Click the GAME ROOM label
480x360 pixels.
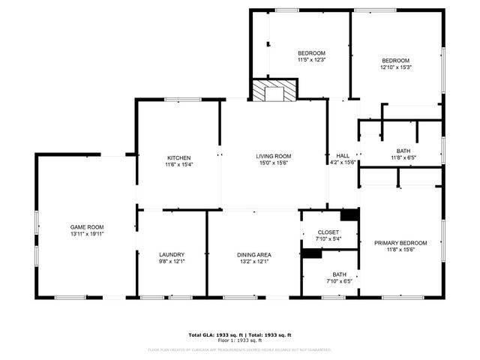click(87, 226)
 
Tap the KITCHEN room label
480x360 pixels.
click(178, 157)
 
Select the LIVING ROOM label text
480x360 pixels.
click(274, 156)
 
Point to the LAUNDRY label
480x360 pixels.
click(172, 254)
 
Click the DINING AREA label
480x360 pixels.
click(254, 254)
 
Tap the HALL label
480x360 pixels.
click(343, 156)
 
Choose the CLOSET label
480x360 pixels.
click(328, 232)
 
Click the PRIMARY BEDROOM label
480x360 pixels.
click(400, 243)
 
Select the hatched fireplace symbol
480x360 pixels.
click(274, 91)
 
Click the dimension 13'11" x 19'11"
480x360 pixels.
click(87, 234)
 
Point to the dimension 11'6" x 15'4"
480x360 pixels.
click(178, 165)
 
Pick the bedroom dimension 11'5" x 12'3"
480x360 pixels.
click(311, 60)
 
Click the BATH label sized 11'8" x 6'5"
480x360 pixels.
click(403, 151)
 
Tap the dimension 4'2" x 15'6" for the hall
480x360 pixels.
click(343, 163)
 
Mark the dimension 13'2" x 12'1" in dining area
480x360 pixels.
click(254, 262)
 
